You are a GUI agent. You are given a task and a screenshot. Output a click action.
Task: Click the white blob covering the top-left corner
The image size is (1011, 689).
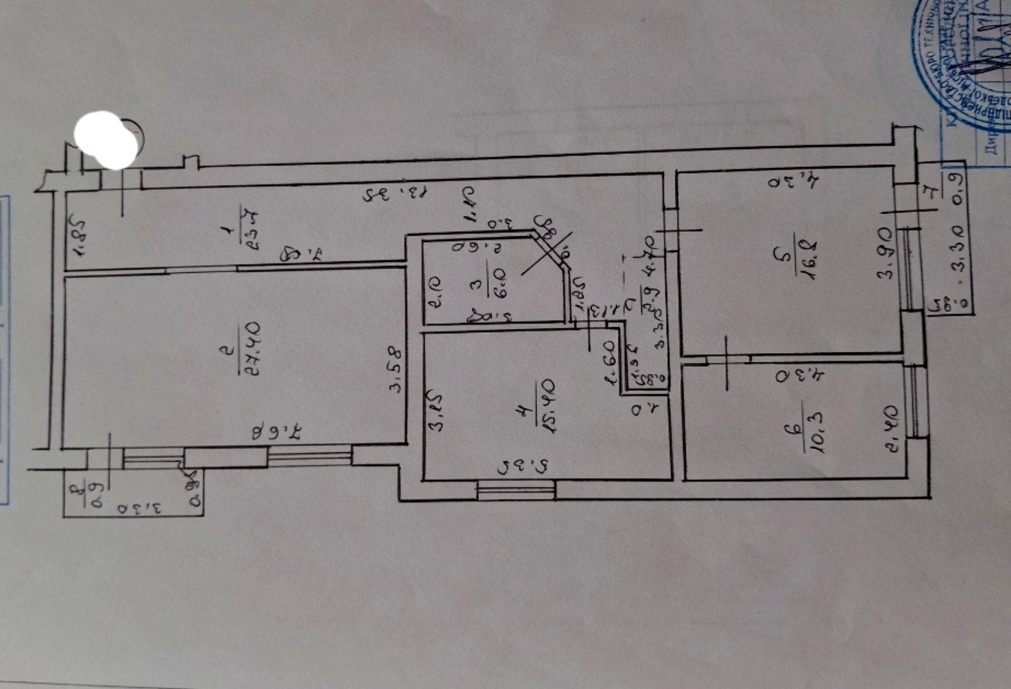pos(107,140)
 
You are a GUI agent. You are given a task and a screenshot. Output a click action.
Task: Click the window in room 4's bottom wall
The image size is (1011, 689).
pos(516,490)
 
